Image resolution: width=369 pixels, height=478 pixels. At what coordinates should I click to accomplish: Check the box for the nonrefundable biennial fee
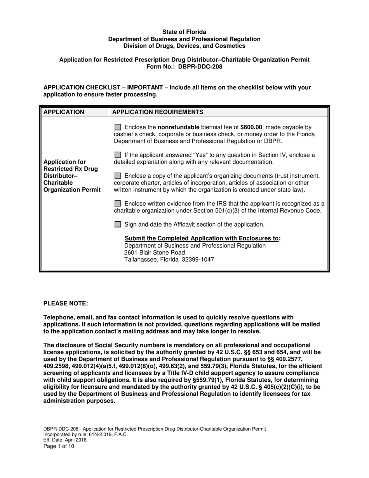coord(118,127)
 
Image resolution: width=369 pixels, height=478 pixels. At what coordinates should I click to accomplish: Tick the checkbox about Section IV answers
coord(118,155)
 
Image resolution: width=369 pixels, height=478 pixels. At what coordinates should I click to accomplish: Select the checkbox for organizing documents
coord(118,176)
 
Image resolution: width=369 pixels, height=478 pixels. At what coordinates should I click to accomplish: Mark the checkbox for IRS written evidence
coord(118,203)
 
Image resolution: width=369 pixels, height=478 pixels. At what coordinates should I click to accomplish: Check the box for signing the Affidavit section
coord(118,224)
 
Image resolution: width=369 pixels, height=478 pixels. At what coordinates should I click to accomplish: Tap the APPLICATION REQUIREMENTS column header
coord(157,112)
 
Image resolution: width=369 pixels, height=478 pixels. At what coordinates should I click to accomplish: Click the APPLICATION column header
coord(64,112)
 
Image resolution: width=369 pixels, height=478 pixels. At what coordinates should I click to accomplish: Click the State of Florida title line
coord(184,32)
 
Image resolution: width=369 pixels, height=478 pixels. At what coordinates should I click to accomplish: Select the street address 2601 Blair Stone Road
coord(155,253)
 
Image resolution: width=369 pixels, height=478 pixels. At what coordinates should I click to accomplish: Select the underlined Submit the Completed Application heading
coord(202,238)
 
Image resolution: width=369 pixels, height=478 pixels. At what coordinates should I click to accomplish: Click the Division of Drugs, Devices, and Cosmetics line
coord(184,46)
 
